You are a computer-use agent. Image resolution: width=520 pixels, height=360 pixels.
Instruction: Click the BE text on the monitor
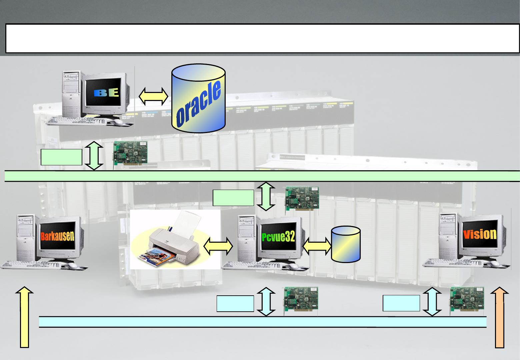pos(106,93)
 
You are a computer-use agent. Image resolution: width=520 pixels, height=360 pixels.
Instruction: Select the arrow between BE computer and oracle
pos(153,96)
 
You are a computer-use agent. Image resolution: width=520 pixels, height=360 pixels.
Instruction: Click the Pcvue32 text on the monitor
pos(278,237)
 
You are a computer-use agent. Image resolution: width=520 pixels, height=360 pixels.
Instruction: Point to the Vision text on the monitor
pos(480,234)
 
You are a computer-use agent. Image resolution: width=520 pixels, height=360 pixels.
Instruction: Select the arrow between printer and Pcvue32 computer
pos(218,246)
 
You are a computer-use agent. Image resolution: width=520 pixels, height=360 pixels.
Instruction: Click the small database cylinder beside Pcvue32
pos(346,244)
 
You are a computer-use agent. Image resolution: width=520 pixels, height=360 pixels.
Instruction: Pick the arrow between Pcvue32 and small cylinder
pos(317,246)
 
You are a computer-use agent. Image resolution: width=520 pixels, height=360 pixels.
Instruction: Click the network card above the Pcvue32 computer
pos(302,199)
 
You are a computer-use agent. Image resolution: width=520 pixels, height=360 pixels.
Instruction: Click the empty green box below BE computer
pos(61,157)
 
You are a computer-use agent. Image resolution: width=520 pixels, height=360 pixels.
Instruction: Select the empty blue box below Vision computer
pos(401,303)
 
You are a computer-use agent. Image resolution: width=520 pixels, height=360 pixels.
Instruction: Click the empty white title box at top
pos(263,38)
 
